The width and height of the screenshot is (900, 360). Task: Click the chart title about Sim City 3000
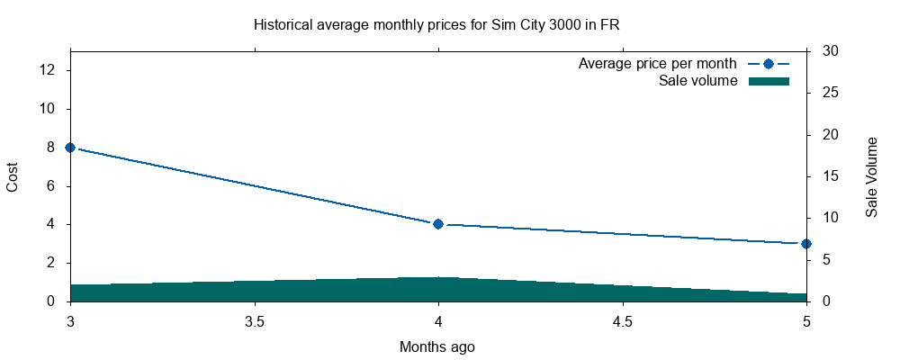436,25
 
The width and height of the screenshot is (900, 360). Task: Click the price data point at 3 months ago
70,148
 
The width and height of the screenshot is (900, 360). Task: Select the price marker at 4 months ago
438,224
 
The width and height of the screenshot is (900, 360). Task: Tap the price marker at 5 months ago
806,244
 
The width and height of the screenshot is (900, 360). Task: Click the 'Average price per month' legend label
657,64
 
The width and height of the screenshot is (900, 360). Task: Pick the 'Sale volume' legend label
697,81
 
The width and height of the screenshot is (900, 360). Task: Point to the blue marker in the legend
768,64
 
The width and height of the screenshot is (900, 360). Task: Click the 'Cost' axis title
13,176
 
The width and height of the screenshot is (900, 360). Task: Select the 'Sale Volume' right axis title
871,176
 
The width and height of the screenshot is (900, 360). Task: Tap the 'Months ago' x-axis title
437,346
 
